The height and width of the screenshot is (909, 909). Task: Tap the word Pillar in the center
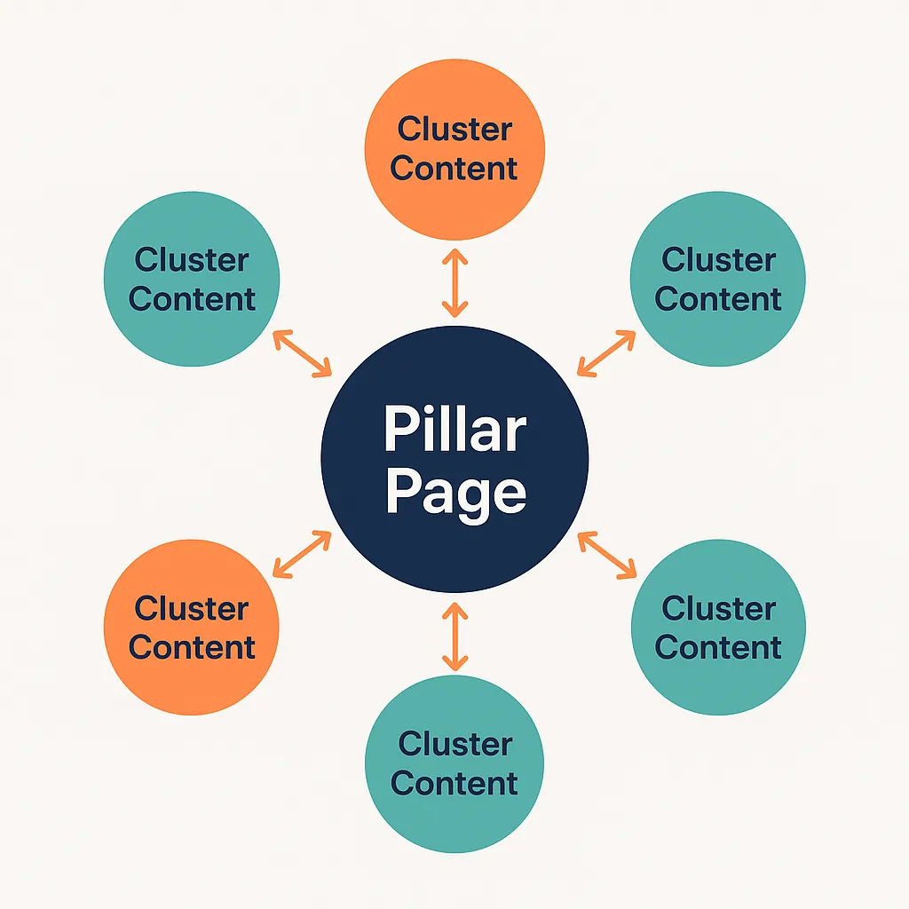[x=454, y=430]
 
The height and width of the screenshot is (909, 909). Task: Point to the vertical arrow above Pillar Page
[x=454, y=283]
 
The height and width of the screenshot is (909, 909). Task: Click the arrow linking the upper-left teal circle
[x=302, y=352]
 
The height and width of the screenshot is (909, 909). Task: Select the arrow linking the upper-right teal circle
[x=606, y=352]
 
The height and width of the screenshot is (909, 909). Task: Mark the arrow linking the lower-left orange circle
[x=302, y=554]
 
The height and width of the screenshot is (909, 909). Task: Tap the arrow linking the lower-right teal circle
[x=606, y=554]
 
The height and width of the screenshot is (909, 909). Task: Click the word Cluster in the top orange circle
[x=454, y=129]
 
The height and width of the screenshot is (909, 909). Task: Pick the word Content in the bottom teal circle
[x=454, y=783]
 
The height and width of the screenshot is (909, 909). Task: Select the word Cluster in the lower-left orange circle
[x=192, y=609]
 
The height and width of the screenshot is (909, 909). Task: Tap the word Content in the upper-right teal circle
[x=717, y=298]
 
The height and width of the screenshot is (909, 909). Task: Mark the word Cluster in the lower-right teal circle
[x=718, y=609]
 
